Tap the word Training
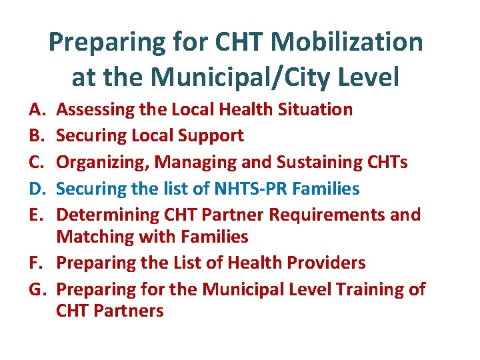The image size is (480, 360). [x=367, y=290]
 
